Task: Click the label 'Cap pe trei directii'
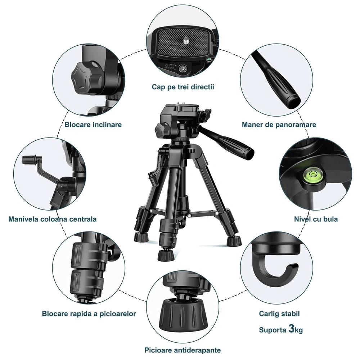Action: pos(183,87)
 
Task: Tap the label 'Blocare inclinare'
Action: pos(93,125)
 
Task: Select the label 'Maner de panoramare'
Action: pos(279,125)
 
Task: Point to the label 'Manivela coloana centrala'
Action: pos(52,219)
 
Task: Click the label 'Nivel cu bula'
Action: pos(316,219)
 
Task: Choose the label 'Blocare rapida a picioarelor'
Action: pos(89,314)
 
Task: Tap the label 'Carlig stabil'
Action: pos(279,314)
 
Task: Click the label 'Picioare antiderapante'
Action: pos(183,350)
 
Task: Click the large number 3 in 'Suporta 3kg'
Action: pos(291,328)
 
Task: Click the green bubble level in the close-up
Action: pos(313,174)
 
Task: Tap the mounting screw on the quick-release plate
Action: pos(185,41)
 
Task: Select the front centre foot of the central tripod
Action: pos(166,255)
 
